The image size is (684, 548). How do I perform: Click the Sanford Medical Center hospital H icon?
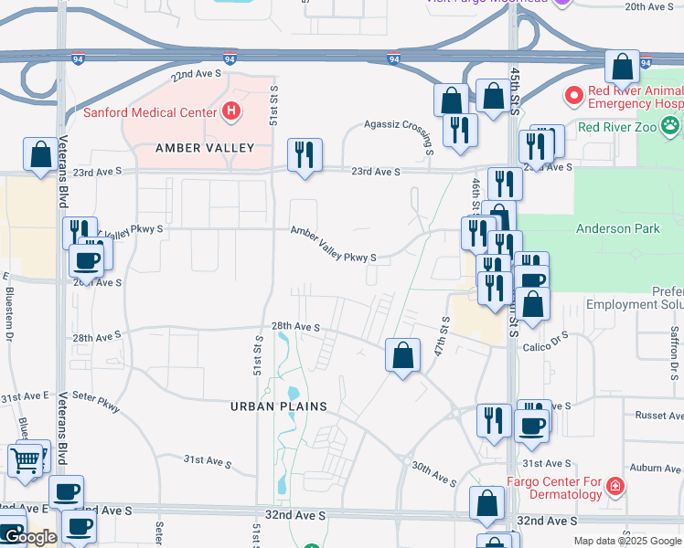(232, 112)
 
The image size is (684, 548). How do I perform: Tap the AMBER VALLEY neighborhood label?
(204, 148)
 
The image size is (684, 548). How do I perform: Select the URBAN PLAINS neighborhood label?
(279, 406)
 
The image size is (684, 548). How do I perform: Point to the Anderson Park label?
(617, 229)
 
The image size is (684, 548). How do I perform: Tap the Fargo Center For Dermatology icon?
(616, 486)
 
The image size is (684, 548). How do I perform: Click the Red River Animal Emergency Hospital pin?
(573, 95)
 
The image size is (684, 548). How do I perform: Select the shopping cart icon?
(25, 460)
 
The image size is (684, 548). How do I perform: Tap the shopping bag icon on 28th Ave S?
(402, 354)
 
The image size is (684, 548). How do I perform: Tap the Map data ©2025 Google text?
(626, 541)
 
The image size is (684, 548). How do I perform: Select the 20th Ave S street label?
(648, 6)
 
